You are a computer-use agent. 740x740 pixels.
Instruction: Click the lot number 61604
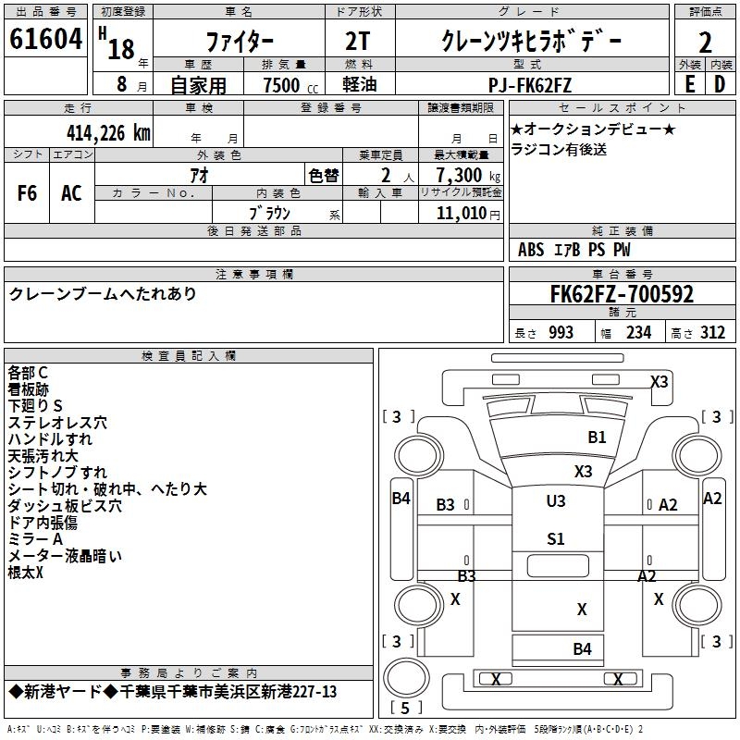(x=45, y=40)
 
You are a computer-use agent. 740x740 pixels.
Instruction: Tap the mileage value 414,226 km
(x=108, y=133)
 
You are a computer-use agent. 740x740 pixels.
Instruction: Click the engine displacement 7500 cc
(x=284, y=85)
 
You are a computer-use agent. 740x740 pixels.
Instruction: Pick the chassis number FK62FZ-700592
(x=621, y=295)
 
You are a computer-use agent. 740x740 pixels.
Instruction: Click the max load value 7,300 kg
(x=462, y=176)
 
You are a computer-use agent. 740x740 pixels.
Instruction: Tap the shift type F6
(x=28, y=192)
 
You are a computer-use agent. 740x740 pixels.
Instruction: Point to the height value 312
(x=711, y=333)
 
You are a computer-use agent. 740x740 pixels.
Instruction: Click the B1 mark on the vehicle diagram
(x=597, y=438)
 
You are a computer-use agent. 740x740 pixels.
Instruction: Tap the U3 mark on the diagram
(x=555, y=501)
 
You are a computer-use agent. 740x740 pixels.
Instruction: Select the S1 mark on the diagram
(x=555, y=539)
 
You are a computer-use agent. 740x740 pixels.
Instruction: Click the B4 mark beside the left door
(x=401, y=499)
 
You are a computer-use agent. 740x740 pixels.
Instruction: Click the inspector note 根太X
(x=26, y=573)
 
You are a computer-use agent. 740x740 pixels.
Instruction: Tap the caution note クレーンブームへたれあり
(x=103, y=294)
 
